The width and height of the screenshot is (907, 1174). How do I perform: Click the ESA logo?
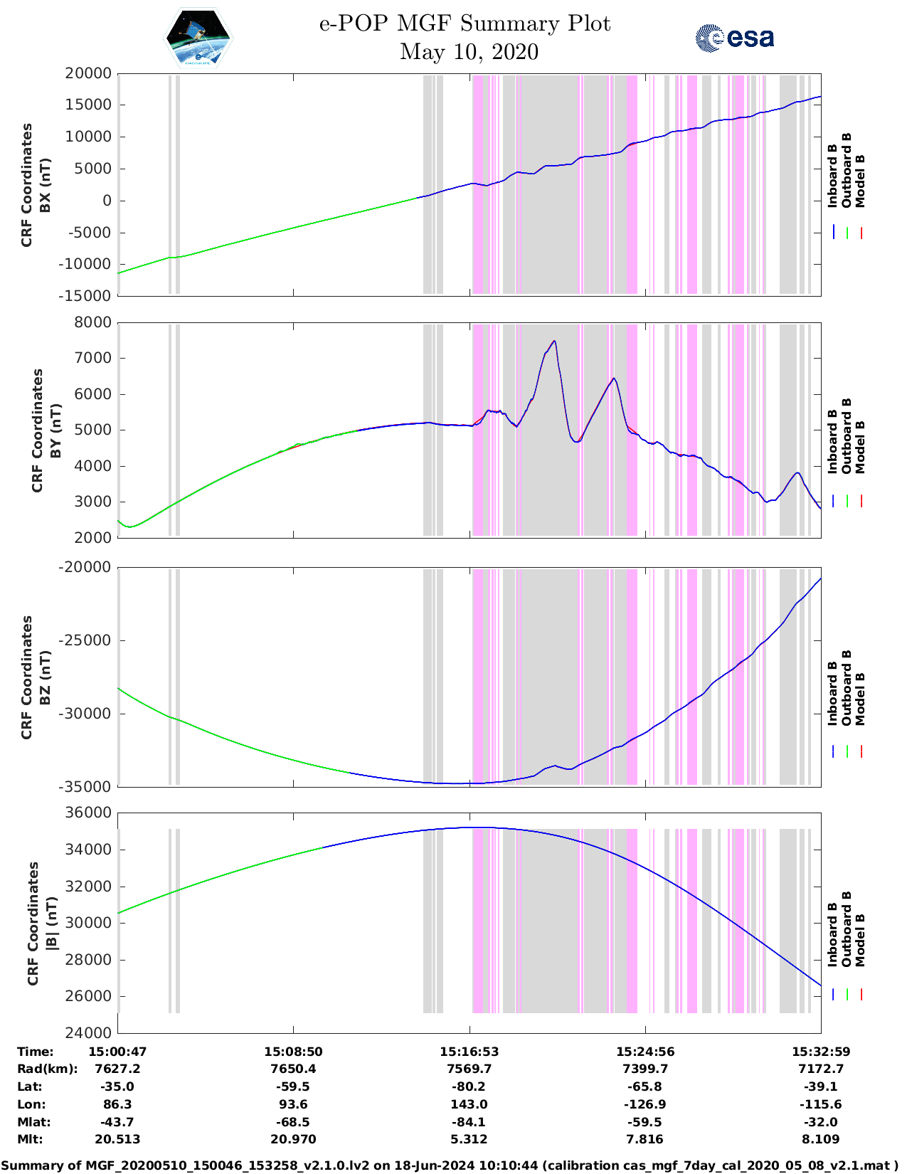pyautogui.click(x=734, y=38)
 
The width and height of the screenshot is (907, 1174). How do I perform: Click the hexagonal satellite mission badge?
pyautogui.click(x=198, y=37)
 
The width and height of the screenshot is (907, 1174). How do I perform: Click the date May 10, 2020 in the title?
pyautogui.click(x=469, y=52)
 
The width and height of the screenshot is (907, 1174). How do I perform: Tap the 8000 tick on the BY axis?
pyautogui.click(x=93, y=322)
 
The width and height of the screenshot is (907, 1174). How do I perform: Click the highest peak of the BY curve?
pyautogui.click(x=554, y=342)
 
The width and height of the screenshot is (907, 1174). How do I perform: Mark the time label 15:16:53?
pyautogui.click(x=469, y=1052)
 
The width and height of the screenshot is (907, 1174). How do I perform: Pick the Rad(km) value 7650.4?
pyautogui.click(x=293, y=1069)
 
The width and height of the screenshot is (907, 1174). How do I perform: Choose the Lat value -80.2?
pyautogui.click(x=469, y=1086)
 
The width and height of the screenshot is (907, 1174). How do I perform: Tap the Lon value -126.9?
pyautogui.click(x=645, y=1104)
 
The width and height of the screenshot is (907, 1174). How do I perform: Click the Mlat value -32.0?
pyautogui.click(x=820, y=1122)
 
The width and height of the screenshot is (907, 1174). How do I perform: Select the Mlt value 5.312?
pyautogui.click(x=469, y=1139)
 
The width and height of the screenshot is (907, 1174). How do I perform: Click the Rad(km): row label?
pyautogui.click(x=47, y=1069)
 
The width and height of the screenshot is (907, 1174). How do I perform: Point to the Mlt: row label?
pyautogui.click(x=30, y=1139)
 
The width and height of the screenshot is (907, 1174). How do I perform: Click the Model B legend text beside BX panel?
pyautogui.click(x=860, y=181)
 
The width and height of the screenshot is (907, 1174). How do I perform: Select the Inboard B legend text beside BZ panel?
pyautogui.click(x=832, y=694)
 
